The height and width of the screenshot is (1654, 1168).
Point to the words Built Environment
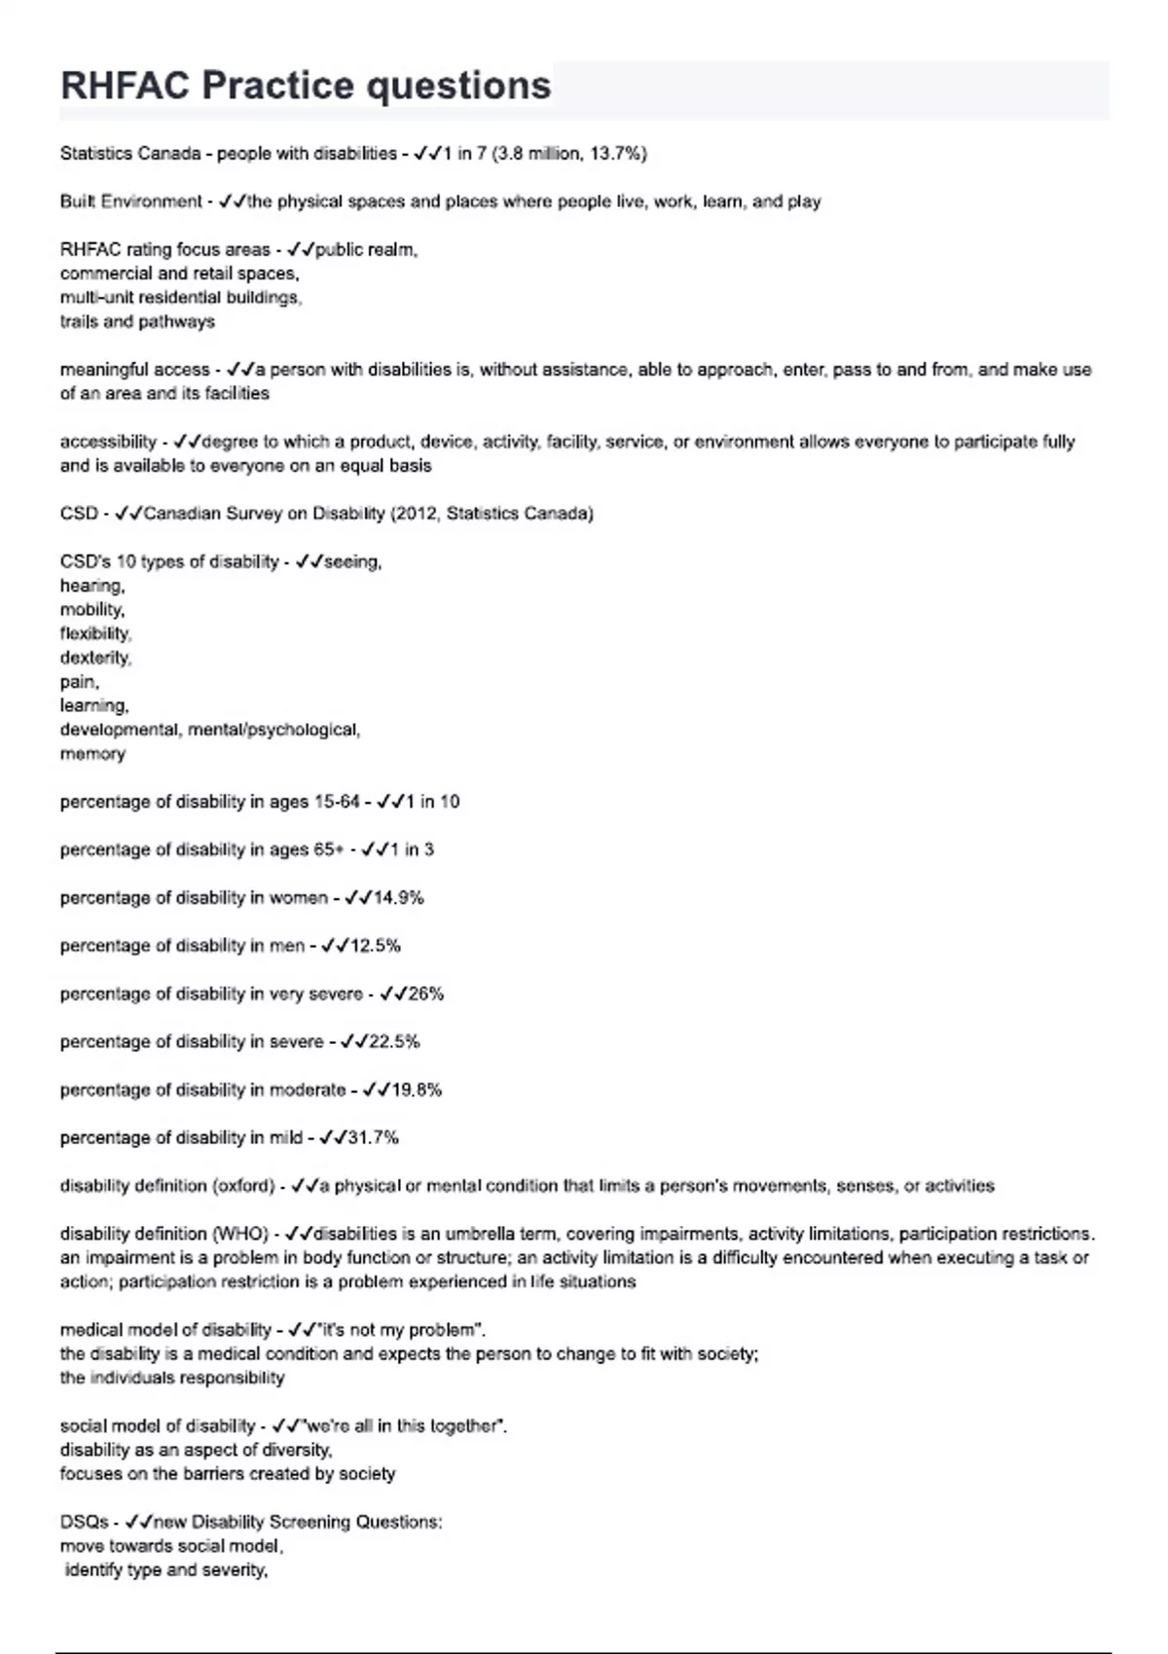click(130, 201)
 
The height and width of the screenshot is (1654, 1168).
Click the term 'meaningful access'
click(134, 370)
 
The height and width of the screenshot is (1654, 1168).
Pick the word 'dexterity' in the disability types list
click(95, 658)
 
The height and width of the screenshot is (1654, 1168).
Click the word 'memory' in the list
click(92, 754)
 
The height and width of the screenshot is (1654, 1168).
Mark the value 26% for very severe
click(425, 994)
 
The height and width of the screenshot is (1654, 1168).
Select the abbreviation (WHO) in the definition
click(239, 1234)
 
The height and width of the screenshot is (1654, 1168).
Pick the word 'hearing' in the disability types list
click(92, 586)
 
